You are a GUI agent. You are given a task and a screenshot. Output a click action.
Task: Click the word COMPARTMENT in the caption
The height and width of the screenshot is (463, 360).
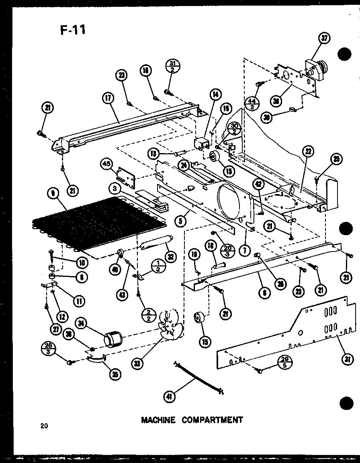pyautogui.click(x=212, y=420)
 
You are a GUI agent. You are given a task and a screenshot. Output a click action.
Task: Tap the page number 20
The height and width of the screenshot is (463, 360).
pyautogui.click(x=44, y=426)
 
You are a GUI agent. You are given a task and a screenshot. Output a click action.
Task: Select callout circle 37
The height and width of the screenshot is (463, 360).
pyautogui.click(x=323, y=39)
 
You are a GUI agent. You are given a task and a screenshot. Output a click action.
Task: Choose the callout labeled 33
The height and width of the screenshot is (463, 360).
pyautogui.click(x=139, y=365)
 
